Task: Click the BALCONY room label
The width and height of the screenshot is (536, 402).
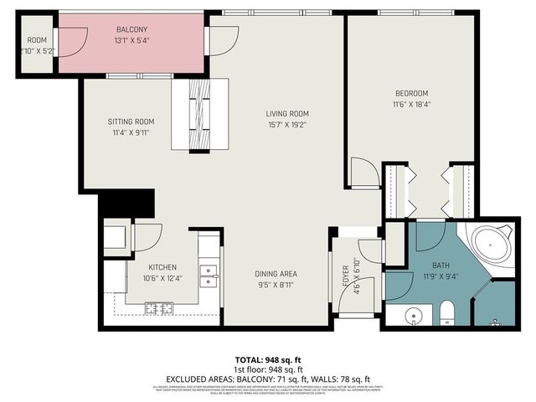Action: coord(110,28)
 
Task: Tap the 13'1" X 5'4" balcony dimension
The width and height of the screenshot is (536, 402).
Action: coord(110,39)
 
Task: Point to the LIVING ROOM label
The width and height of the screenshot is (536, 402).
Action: coord(288,114)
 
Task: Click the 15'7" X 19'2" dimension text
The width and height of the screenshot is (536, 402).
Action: coord(288,126)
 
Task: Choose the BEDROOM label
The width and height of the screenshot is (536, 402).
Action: coord(412,93)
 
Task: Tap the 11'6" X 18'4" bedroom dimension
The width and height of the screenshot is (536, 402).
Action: coord(412,105)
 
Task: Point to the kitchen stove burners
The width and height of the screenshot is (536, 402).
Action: coord(159,308)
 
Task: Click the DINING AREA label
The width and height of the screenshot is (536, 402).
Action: coord(276,274)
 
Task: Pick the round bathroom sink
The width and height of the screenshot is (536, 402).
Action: coord(412,317)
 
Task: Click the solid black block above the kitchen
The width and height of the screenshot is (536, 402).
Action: coord(127,204)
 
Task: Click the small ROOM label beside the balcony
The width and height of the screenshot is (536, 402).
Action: coord(37,39)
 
